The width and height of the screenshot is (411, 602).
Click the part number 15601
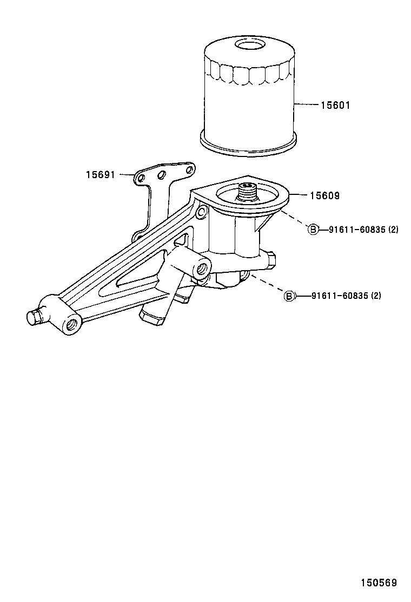335,106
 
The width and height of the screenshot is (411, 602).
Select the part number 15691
100,174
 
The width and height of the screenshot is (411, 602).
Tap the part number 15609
324,196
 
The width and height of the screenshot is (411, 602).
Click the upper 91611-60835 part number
357,230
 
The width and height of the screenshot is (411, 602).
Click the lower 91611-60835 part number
340,296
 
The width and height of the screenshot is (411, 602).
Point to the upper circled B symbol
313,230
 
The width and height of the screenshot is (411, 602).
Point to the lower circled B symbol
290,296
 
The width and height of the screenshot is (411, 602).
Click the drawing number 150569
379,583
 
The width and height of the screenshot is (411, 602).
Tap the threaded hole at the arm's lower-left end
71,324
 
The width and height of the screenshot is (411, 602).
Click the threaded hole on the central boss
204,267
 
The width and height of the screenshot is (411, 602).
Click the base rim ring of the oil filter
249,147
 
